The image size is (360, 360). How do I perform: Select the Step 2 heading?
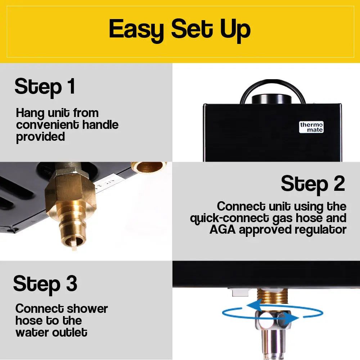tap(313, 184)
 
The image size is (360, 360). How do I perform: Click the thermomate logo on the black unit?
tap(311, 127)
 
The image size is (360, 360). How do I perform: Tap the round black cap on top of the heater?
tap(271, 99)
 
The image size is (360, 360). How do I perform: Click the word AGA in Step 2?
tap(223, 230)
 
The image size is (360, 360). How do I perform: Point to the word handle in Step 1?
tap(100, 125)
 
